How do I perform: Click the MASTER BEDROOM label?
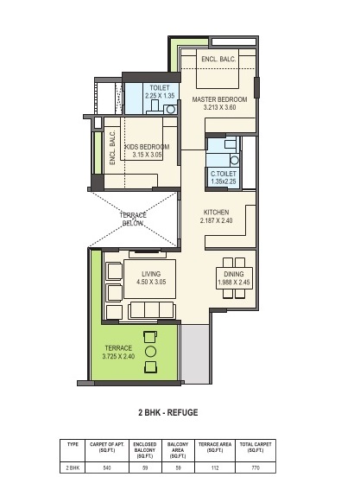[219, 99]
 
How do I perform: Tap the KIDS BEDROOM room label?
[148, 147]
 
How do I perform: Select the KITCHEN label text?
[216, 213]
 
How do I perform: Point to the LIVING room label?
[151, 274]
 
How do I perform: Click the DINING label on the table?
[234, 274]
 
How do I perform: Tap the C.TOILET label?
[224, 174]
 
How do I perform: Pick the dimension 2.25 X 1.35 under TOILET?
[160, 96]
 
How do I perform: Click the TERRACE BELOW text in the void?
[133, 219]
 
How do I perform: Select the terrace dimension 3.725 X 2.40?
[118, 356]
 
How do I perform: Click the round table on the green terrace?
[150, 352]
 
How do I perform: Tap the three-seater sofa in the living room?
[151, 309]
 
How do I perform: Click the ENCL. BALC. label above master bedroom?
[218, 59]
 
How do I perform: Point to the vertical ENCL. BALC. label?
[112, 148]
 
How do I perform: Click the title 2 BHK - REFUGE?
[168, 412]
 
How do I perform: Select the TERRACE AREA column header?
[215, 447]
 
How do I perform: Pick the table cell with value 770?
[256, 467]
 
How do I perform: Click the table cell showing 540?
[107, 467]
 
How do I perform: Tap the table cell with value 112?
[215, 467]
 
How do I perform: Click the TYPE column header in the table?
[73, 444]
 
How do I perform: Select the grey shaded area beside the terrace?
[195, 353]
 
